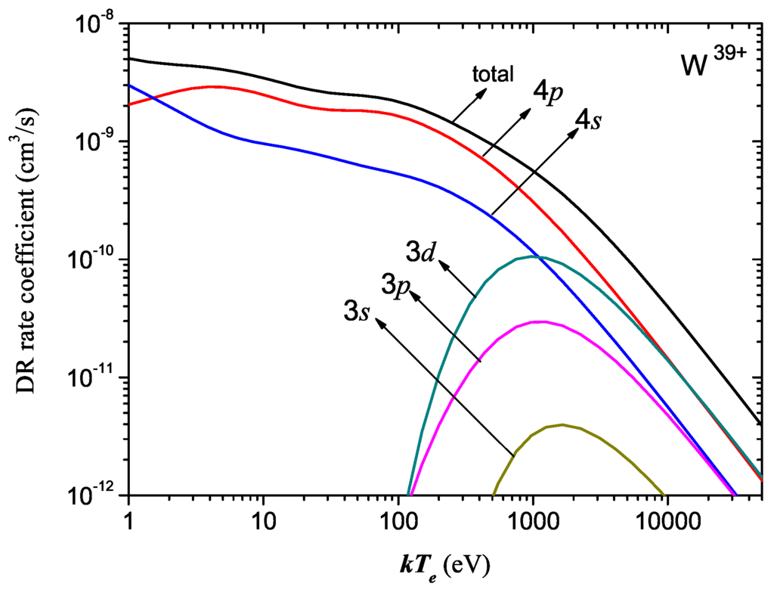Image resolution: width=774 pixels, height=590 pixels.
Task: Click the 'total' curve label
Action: point(493,73)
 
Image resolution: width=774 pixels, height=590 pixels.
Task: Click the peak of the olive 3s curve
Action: point(562,424)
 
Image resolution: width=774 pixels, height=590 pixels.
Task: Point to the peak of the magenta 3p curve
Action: point(539,321)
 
